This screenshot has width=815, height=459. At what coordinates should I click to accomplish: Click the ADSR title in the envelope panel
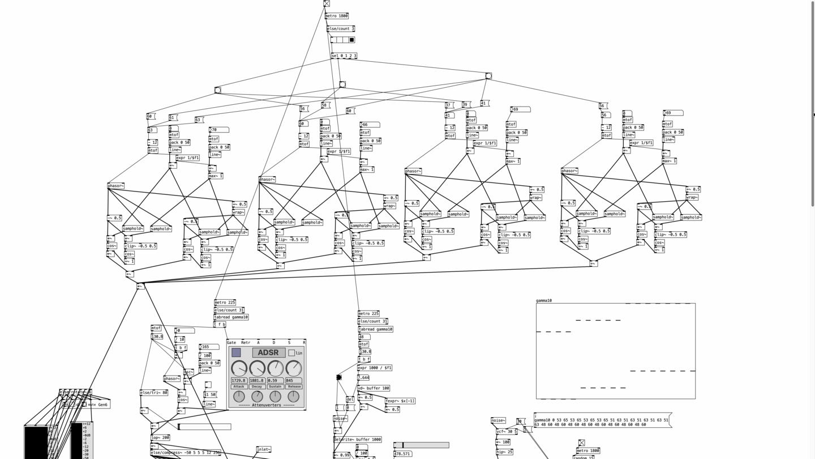[268, 352]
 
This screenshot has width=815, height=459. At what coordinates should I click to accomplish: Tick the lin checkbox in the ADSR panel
[291, 353]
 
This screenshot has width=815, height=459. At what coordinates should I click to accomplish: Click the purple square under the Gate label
[236, 352]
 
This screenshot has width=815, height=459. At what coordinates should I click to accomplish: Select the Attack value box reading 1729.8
[239, 381]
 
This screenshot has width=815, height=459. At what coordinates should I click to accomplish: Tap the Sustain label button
[275, 387]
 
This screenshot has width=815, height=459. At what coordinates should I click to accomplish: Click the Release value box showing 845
[293, 381]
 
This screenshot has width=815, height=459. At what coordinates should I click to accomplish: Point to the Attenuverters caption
[267, 405]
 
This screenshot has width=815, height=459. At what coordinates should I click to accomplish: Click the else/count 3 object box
[341, 28]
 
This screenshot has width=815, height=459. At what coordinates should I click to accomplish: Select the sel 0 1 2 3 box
[344, 56]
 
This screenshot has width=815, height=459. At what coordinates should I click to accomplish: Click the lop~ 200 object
[160, 437]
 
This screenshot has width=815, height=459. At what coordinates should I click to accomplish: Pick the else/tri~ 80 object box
[154, 392]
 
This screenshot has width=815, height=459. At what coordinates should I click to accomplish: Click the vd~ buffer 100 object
[374, 388]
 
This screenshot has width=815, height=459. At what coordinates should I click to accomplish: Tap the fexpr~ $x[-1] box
[400, 401]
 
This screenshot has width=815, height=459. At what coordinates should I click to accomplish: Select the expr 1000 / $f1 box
[375, 368]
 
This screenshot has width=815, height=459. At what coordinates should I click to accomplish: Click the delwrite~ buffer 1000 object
[357, 439]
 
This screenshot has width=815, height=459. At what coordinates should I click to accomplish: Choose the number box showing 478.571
[402, 454]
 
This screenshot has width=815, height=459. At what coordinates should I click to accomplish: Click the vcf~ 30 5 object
[507, 432]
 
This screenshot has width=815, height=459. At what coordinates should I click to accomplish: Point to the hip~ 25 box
[505, 452]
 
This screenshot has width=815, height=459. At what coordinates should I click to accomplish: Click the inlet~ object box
[263, 449]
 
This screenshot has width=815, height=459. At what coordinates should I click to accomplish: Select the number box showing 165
[209, 347]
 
